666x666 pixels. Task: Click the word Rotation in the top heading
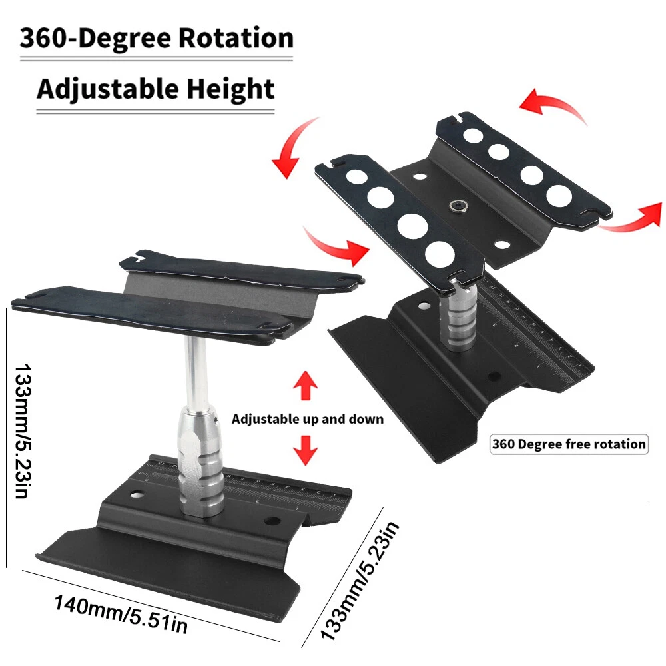(x=236, y=38)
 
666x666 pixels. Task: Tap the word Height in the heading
(x=230, y=89)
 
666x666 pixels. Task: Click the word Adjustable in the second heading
(x=108, y=89)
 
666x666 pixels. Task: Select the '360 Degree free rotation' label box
(x=569, y=444)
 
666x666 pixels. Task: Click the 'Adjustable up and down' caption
(x=308, y=419)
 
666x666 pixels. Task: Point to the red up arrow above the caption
(x=306, y=385)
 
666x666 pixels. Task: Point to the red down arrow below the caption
(x=306, y=450)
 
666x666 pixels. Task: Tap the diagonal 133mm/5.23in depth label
(x=360, y=580)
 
